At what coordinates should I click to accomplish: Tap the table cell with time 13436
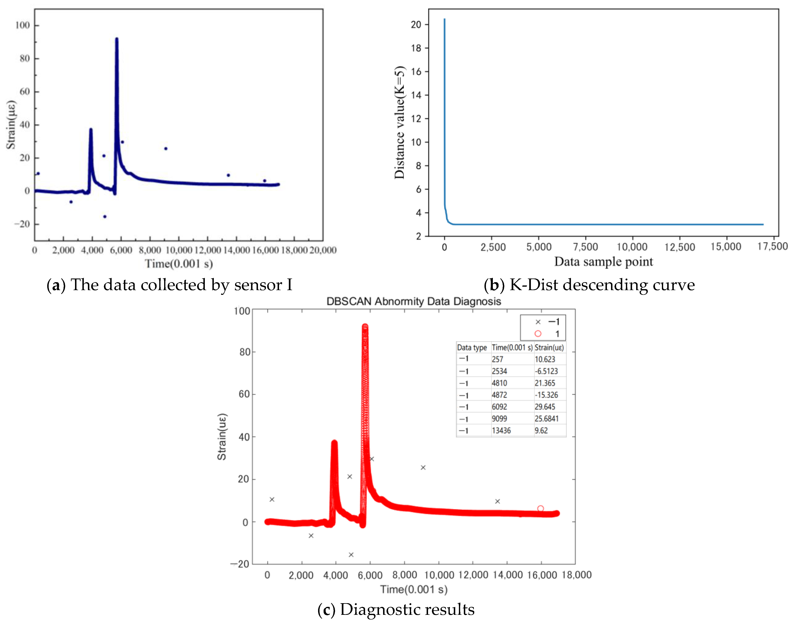501,430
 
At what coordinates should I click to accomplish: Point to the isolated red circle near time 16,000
540,508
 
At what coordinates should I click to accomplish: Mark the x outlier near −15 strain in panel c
351,555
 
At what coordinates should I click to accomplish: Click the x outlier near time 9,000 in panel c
423,468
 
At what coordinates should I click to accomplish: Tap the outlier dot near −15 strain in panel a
105,217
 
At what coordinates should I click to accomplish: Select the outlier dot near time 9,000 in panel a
166,149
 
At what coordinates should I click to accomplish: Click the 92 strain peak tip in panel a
117,39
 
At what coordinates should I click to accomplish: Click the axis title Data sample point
603,262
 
